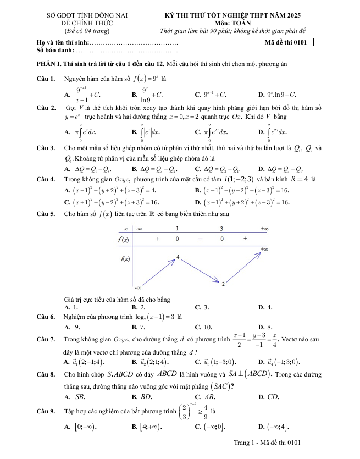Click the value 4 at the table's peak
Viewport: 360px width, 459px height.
tap(178, 257)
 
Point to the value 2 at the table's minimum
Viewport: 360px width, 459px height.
tap(223, 284)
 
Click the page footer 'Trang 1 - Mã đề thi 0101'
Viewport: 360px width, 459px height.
tap(268, 442)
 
